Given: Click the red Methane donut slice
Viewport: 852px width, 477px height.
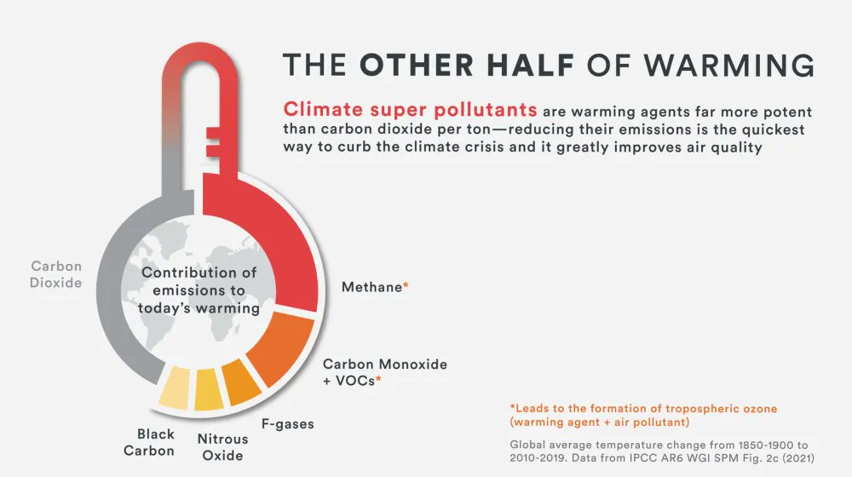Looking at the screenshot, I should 281,247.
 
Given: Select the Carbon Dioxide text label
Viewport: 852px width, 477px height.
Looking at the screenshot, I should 56,274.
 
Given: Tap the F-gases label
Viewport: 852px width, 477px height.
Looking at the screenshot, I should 287,422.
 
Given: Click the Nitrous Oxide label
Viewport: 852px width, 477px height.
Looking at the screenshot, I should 223,447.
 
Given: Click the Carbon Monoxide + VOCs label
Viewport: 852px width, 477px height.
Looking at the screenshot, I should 384,371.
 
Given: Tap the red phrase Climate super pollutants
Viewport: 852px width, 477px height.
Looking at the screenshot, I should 410,110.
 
